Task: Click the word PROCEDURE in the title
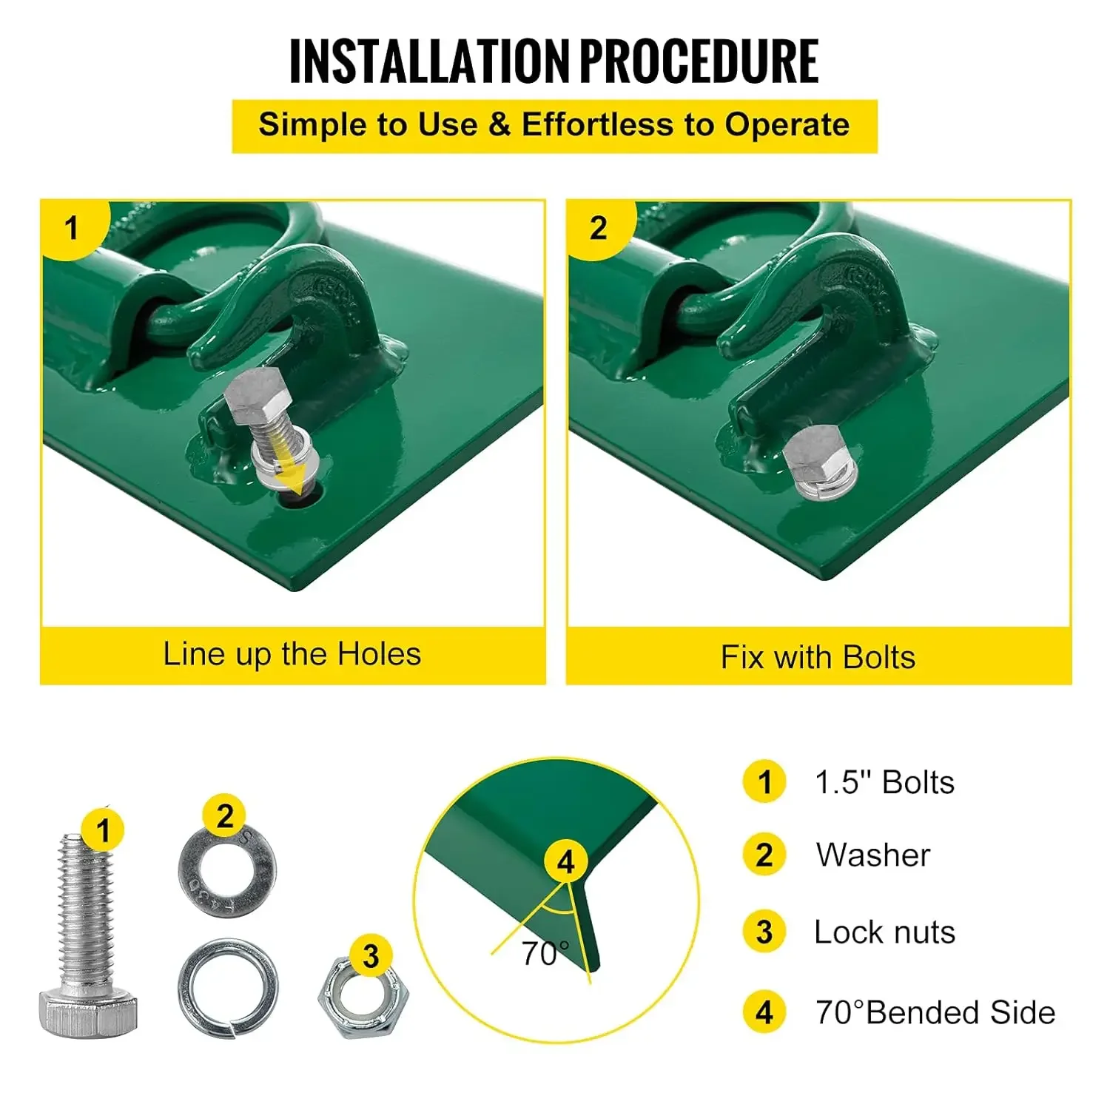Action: (x=699, y=61)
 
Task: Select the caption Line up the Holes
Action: (x=292, y=654)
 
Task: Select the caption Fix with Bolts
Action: (x=818, y=657)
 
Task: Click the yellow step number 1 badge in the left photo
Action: (x=72, y=228)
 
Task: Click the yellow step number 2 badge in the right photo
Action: (x=598, y=228)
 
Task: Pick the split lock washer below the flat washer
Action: (x=228, y=987)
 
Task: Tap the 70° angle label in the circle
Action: (x=545, y=954)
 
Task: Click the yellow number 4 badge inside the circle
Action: (x=566, y=862)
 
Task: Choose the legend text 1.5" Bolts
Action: (x=884, y=783)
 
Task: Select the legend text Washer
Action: (x=873, y=855)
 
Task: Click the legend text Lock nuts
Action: (x=884, y=932)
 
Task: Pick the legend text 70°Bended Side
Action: (x=935, y=1012)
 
